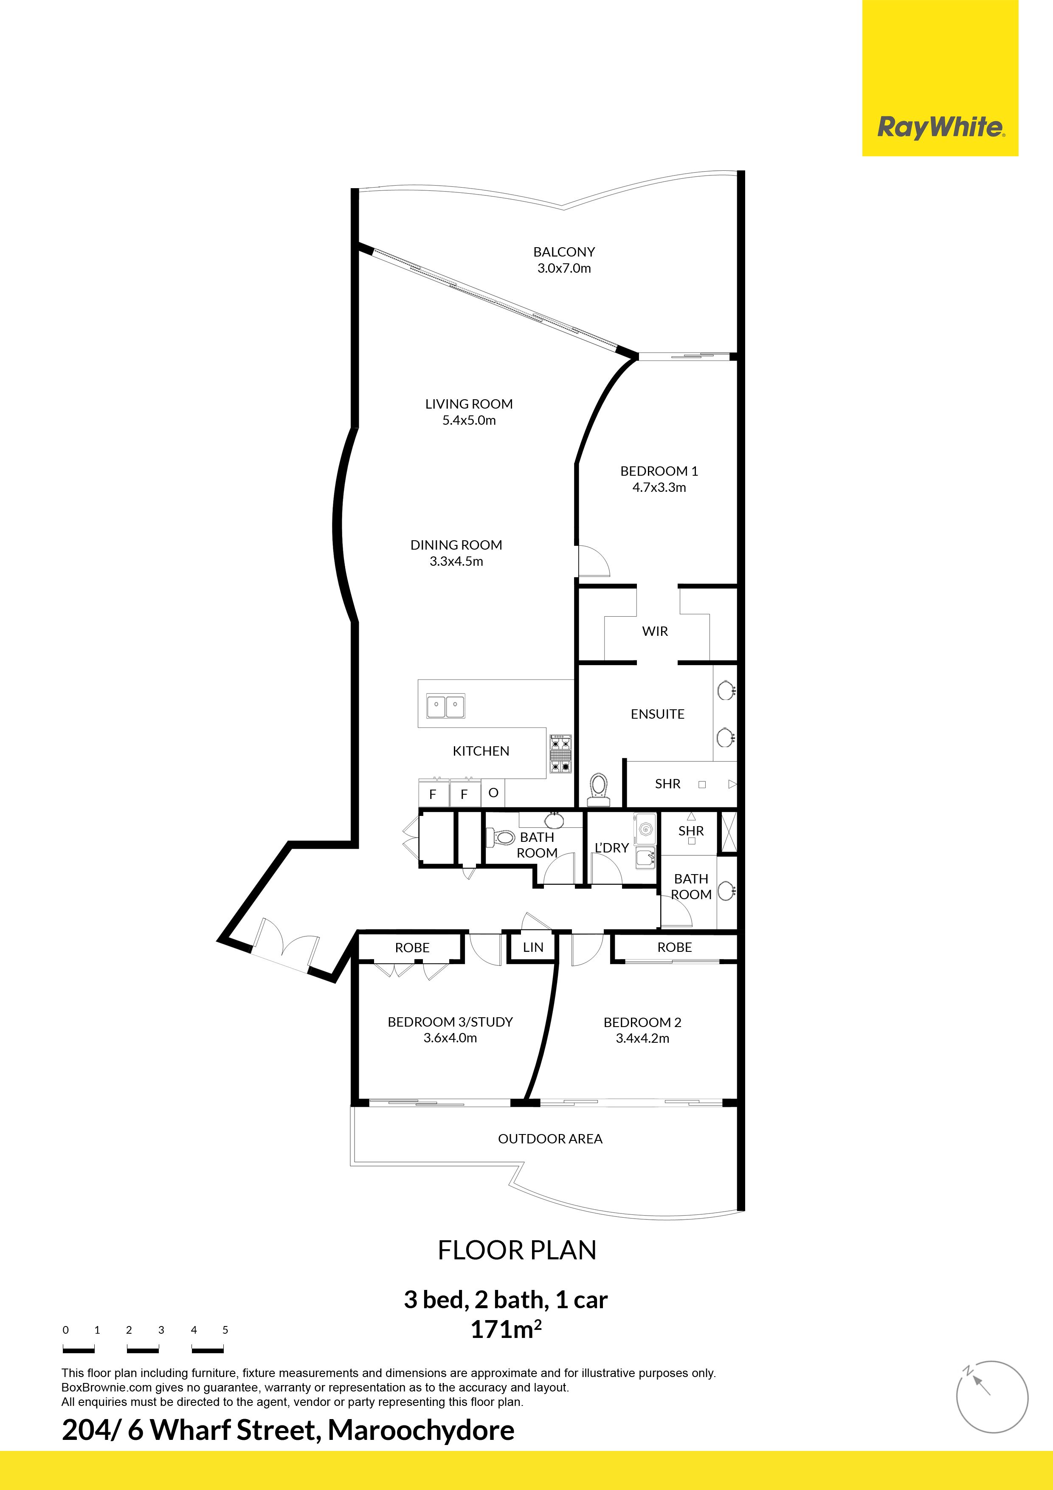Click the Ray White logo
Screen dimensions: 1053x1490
coord(940,127)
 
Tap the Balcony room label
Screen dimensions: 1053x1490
coord(564,252)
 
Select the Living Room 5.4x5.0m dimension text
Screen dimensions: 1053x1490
coord(469,420)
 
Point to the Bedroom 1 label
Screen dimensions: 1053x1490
coord(659,471)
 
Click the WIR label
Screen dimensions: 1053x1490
coord(655,632)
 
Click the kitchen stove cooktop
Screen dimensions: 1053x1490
coord(560,753)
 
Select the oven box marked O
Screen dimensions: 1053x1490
coord(493,793)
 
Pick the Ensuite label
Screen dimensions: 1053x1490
coord(657,714)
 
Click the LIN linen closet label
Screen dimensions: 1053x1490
coord(533,948)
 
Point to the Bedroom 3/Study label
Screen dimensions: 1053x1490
coord(450,1022)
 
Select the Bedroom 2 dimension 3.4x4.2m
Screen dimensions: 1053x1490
coord(642,1038)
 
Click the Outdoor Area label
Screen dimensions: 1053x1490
coord(550,1139)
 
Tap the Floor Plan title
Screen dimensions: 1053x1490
coord(517,1250)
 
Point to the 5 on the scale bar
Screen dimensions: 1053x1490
coord(225,1330)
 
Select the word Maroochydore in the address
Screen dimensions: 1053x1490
coord(421,1430)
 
